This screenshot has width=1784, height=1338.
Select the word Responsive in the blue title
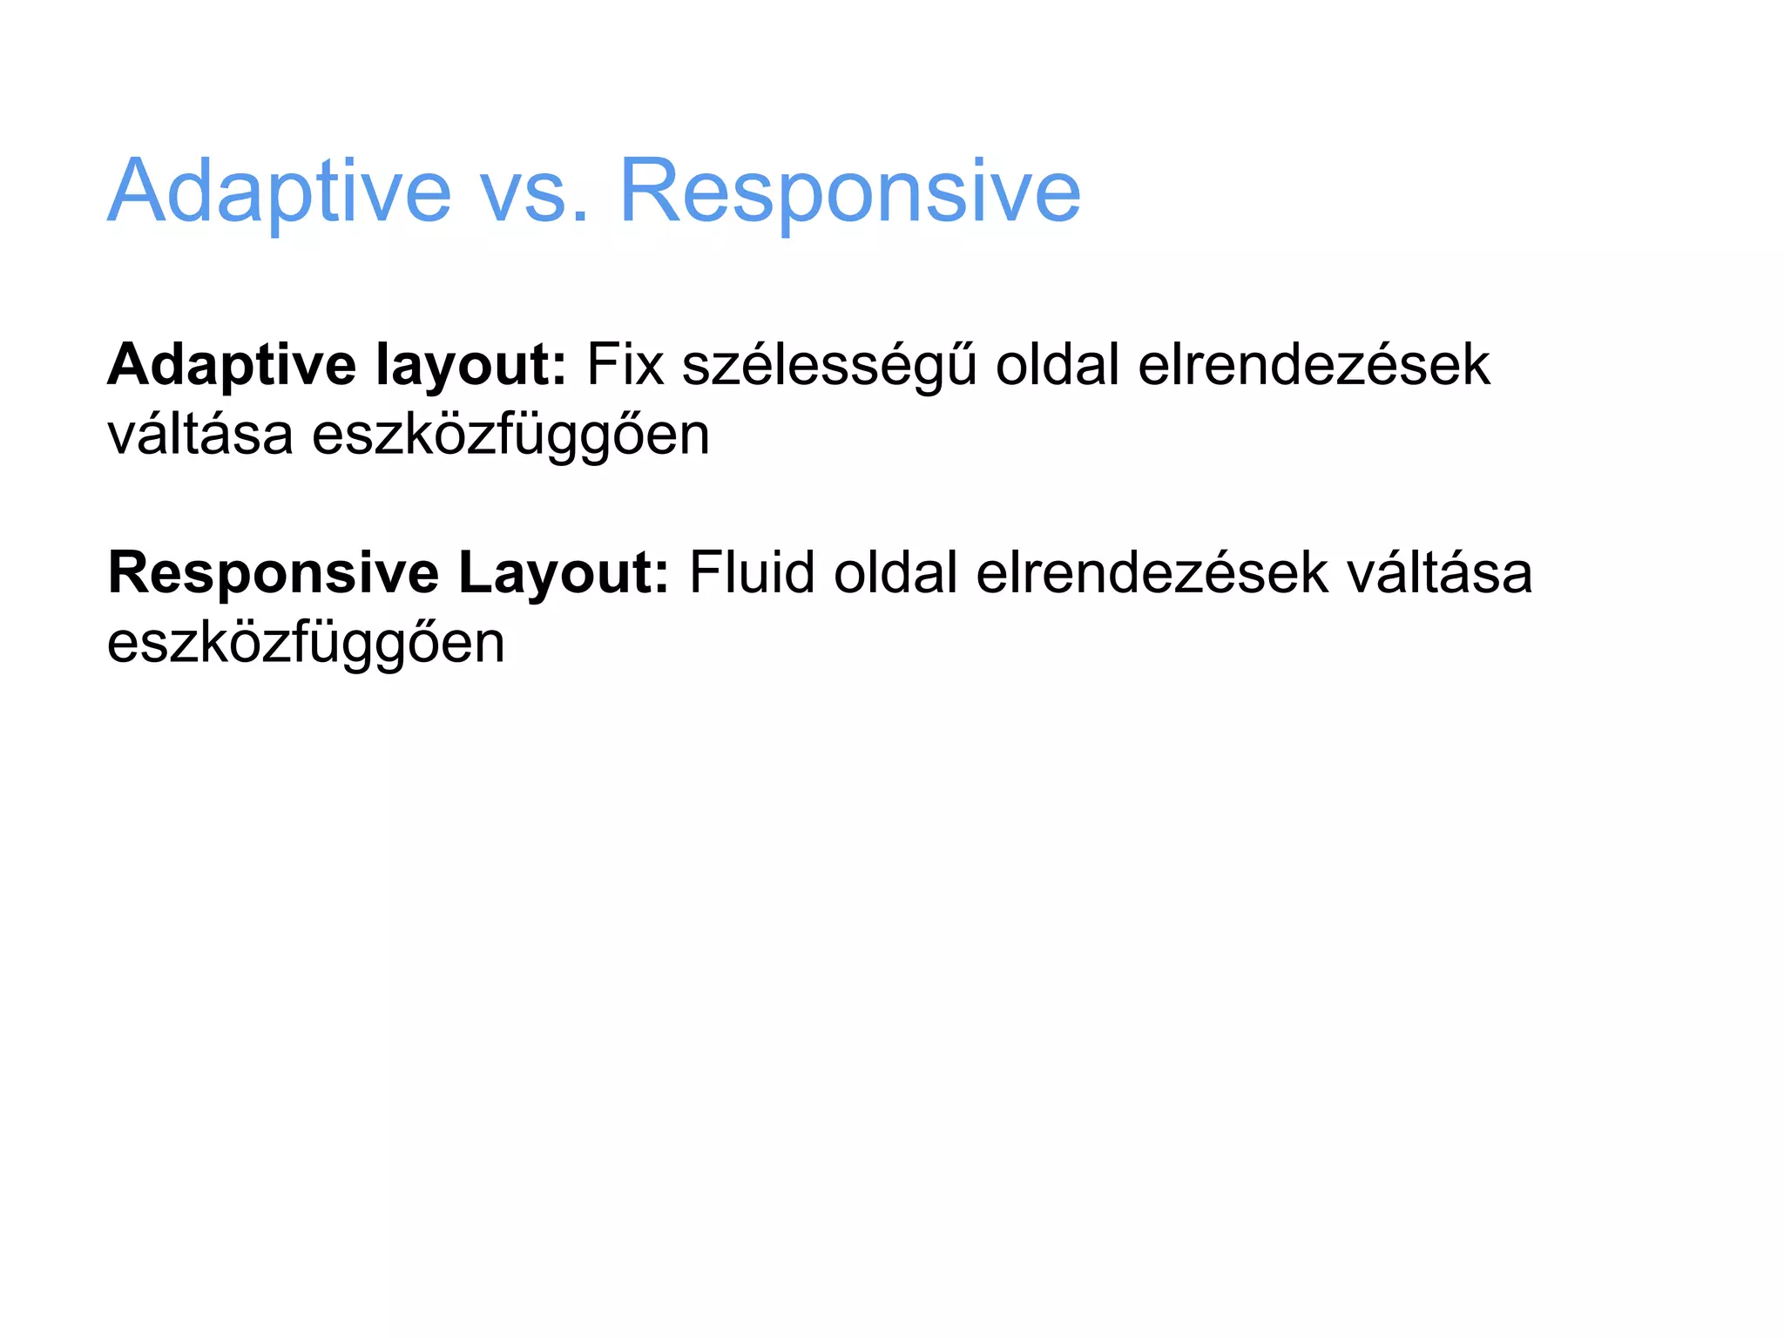click(849, 192)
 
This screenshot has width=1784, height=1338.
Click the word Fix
click(625, 364)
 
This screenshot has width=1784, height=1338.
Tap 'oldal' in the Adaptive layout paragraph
click(1057, 364)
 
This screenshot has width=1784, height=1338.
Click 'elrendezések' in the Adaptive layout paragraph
click(1314, 364)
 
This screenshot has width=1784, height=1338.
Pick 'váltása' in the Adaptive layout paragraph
click(200, 434)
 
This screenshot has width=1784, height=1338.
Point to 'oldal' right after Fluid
click(895, 573)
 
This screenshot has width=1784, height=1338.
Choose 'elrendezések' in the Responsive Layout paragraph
click(1152, 573)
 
